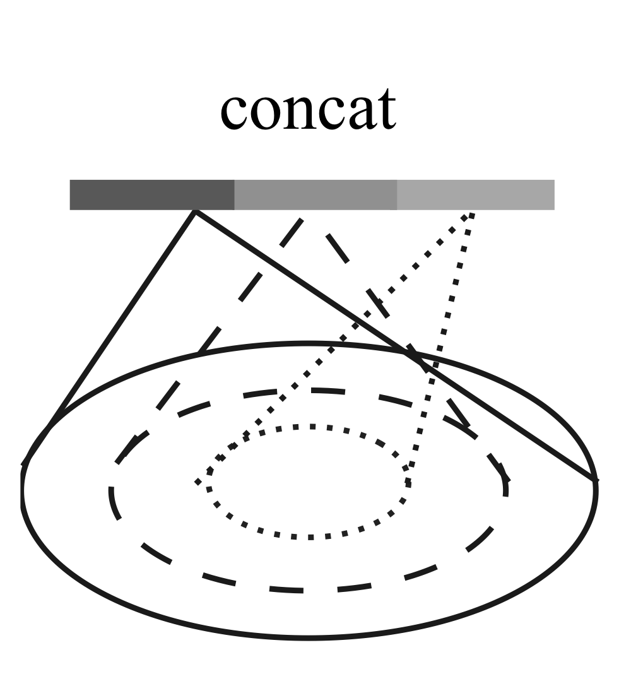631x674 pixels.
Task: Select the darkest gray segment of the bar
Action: coord(151,194)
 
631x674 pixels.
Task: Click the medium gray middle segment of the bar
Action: coord(315,194)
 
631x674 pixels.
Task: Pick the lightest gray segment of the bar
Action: coord(476,194)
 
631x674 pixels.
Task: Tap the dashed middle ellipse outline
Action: coord(303,591)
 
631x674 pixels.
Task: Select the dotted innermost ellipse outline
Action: coord(309,537)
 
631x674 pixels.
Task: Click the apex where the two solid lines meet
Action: coord(196,212)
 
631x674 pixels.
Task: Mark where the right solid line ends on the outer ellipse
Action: coord(594,481)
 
